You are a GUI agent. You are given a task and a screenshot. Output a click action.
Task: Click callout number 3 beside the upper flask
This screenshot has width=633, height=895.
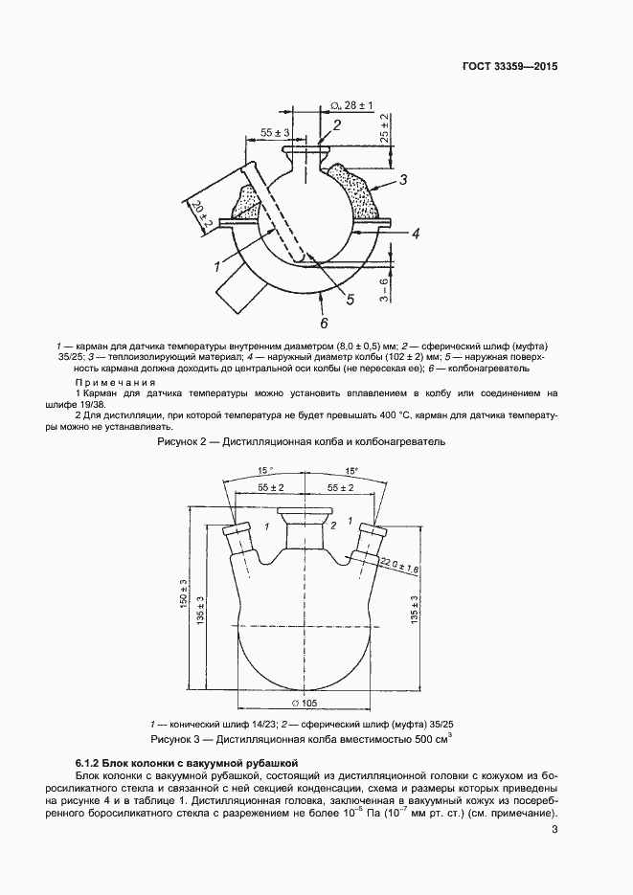click(403, 180)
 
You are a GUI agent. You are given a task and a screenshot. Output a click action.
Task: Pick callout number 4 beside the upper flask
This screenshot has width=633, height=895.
click(416, 233)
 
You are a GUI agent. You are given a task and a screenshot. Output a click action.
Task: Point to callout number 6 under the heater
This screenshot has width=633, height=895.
click(324, 323)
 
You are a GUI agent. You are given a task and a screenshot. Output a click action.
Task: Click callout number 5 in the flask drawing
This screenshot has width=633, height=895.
click(350, 300)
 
